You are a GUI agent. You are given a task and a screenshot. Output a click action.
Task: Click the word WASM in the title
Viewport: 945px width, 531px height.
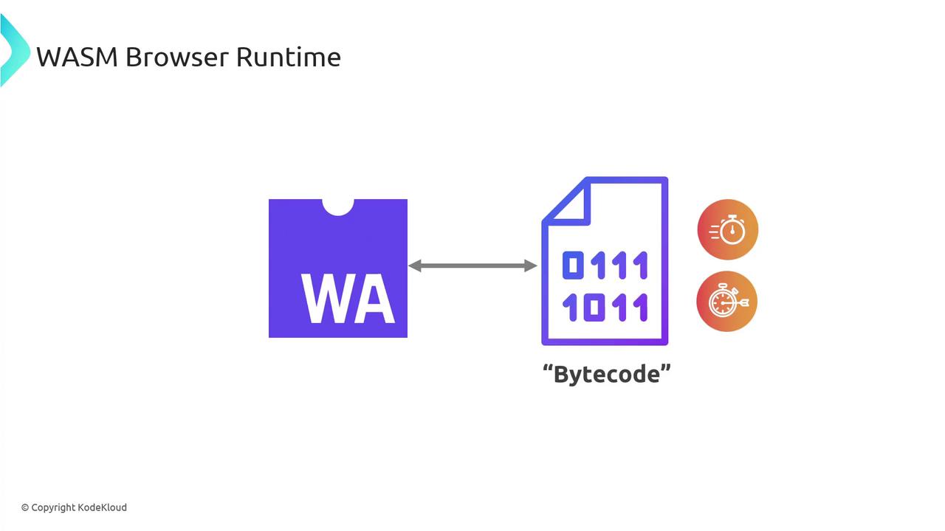(77, 57)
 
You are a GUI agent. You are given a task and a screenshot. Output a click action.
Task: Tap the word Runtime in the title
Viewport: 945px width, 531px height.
(289, 57)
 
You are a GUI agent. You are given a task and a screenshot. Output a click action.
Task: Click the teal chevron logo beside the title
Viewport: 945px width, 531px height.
(13, 52)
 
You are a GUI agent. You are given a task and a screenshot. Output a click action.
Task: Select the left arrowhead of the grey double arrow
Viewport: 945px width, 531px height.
(415, 265)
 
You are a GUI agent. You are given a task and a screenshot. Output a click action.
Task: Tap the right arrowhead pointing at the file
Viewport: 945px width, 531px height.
(530, 265)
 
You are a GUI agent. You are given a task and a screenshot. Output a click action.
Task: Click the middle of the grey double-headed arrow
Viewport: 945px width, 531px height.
(472, 265)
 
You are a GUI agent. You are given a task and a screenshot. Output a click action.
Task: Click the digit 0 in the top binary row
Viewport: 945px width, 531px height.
(573, 265)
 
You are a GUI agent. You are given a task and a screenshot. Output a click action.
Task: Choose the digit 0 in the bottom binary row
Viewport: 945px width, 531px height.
(594, 308)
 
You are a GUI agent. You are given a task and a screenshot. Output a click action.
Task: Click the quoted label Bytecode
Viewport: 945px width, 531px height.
(606, 374)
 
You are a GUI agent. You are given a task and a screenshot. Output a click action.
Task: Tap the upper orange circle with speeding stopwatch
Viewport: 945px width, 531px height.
(728, 230)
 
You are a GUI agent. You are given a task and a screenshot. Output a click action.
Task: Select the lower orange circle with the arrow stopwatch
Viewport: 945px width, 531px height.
(727, 302)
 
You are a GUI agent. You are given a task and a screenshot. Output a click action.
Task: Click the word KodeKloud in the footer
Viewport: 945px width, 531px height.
(103, 507)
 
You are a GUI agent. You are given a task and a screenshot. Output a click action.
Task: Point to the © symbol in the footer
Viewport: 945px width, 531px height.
(25, 507)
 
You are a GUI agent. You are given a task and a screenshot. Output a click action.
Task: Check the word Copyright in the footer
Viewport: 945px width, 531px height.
(53, 507)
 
